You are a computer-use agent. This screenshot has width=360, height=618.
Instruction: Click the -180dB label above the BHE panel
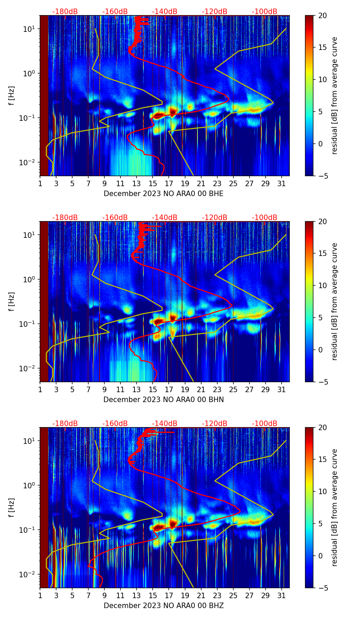click(65, 12)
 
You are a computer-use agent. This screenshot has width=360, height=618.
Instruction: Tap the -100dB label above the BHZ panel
click(265, 424)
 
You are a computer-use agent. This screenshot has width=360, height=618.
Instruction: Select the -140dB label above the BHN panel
click(165, 218)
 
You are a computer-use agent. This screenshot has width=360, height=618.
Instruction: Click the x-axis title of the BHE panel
click(163, 194)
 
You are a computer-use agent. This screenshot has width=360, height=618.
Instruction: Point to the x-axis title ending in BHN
click(163, 400)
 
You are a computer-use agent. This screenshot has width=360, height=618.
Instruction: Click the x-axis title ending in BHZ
click(163, 606)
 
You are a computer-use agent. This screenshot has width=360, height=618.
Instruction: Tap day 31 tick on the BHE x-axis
click(282, 183)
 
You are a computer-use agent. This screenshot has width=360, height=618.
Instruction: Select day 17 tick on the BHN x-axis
click(169, 389)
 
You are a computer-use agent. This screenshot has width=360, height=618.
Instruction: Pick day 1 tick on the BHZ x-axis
click(40, 595)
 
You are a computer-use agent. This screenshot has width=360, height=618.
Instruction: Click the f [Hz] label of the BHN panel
click(11, 301)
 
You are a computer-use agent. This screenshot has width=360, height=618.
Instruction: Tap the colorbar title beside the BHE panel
click(335, 95)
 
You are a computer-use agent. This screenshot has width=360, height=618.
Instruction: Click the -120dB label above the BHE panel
click(215, 12)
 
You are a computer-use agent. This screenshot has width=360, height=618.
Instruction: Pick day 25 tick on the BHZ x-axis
click(233, 595)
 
